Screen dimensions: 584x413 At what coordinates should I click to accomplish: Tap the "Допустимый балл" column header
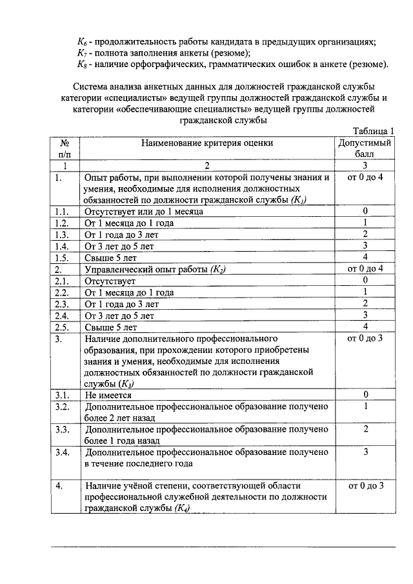point(365,148)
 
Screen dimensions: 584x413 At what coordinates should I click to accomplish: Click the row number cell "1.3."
point(63,234)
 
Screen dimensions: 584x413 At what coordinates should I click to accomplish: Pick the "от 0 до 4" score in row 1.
point(365,177)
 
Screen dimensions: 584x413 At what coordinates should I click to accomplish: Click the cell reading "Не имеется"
point(108,395)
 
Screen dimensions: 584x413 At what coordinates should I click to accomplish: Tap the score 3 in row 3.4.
point(365,452)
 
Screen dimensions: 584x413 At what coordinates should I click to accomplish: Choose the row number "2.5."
point(63,327)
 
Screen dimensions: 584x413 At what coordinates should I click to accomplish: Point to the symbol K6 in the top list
point(82,42)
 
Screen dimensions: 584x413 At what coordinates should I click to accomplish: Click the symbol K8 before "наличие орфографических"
point(82,65)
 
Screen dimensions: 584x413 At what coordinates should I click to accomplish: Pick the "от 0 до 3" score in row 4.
point(365,485)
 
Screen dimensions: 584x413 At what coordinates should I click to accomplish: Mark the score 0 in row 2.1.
point(365,281)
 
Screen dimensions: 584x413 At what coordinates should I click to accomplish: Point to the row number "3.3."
point(63,429)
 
